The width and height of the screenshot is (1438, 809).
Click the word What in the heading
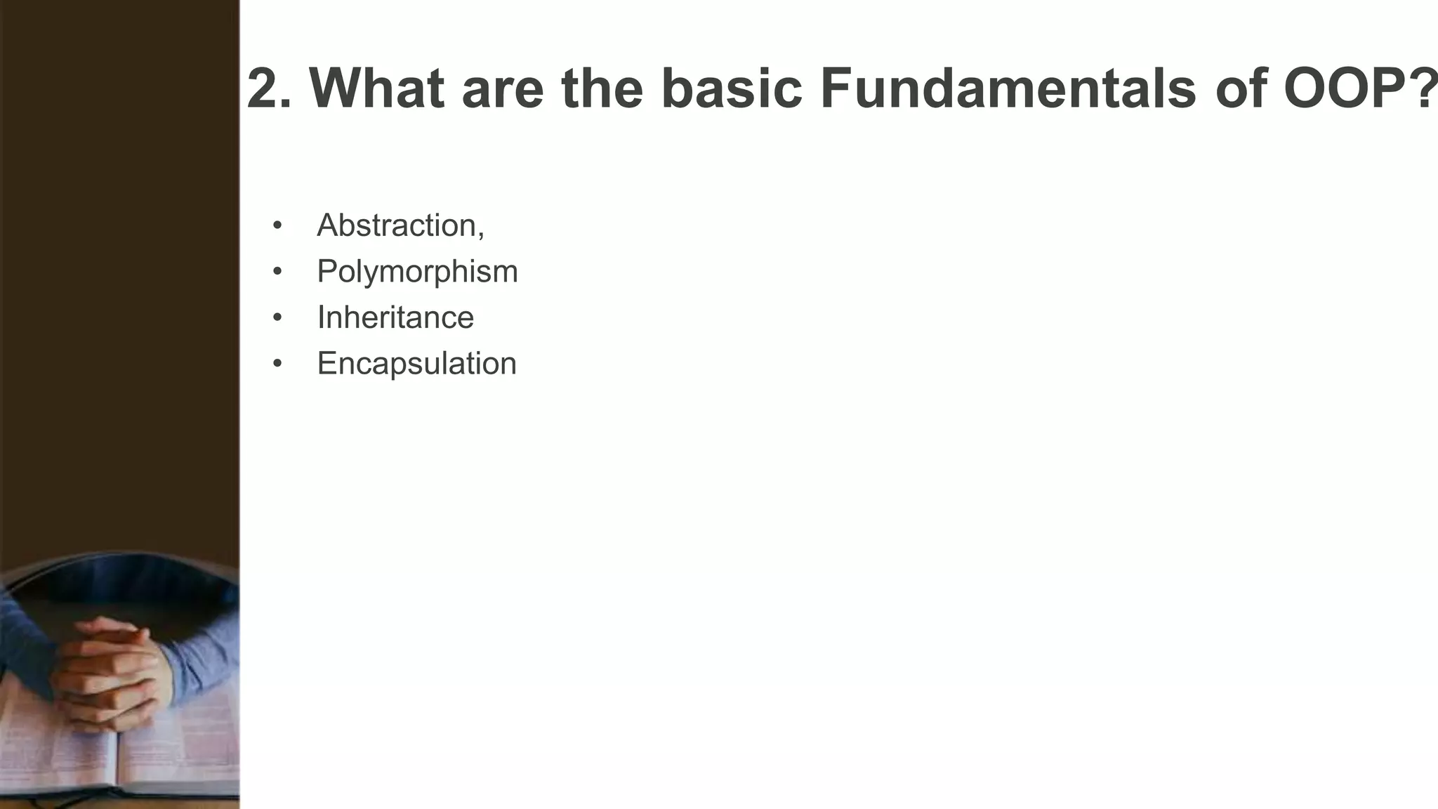click(377, 89)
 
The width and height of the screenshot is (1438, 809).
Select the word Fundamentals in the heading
click(1008, 89)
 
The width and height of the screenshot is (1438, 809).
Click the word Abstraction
click(397, 225)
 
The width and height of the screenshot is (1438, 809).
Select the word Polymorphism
click(417, 272)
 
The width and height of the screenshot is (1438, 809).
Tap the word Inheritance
click(395, 317)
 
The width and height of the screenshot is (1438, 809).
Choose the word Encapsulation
click(416, 364)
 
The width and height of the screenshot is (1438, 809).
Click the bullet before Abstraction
click(277, 226)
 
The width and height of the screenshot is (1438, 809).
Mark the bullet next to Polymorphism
click(277, 272)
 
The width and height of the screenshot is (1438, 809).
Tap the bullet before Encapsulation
click(277, 364)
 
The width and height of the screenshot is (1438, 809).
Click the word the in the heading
click(602, 89)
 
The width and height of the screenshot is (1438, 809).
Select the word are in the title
click(502, 89)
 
